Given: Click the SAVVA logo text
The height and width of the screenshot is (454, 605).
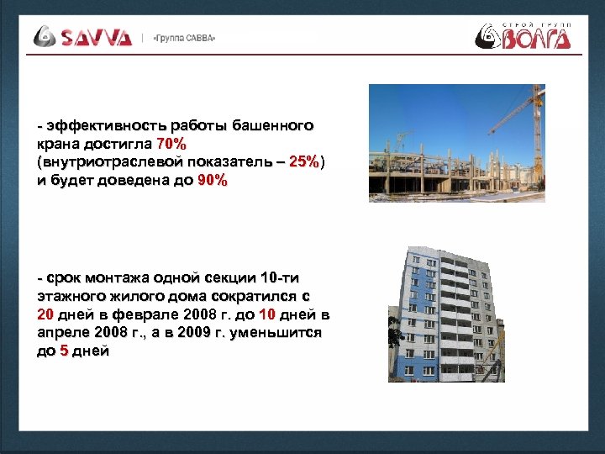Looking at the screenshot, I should click(96, 37).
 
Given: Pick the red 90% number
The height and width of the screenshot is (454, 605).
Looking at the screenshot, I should click(212, 181).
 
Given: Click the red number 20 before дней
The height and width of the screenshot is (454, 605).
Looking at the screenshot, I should click(46, 314).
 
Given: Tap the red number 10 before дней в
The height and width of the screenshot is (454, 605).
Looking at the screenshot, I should click(266, 314).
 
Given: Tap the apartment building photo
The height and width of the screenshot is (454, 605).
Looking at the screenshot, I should click(445, 315).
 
